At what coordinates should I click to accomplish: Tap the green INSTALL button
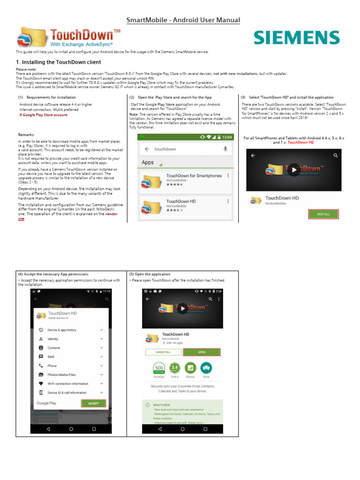(323, 214)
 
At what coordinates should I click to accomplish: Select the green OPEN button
(202, 352)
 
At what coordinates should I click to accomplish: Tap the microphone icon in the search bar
(225, 149)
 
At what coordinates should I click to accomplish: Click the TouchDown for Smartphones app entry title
(194, 176)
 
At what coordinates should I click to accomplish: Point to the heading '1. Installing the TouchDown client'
(59, 62)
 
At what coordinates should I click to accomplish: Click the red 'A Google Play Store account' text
(43, 115)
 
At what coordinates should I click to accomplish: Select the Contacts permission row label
(54, 348)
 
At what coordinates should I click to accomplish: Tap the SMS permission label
(51, 357)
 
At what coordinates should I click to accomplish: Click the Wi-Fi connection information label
(68, 383)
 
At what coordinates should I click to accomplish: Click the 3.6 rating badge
(175, 367)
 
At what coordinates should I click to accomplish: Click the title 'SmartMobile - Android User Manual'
(184, 20)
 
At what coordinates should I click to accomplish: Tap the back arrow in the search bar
(147, 149)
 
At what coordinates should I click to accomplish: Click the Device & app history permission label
(62, 330)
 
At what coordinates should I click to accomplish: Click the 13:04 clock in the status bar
(226, 137)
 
